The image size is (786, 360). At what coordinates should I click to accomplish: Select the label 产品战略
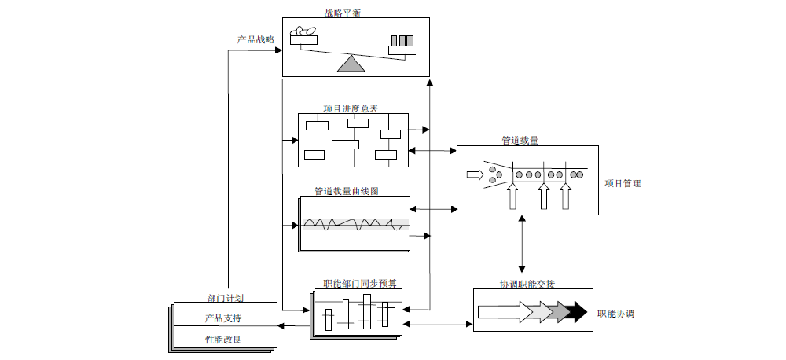255,39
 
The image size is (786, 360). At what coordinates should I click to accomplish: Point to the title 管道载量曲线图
347,191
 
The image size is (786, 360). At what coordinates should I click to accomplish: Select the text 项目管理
623,183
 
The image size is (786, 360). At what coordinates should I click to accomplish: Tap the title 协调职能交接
527,284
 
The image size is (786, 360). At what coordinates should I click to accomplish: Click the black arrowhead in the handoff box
579,312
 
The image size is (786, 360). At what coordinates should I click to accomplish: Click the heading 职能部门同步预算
354,283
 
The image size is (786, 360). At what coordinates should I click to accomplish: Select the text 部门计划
225,298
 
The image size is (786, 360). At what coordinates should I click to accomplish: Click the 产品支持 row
223,318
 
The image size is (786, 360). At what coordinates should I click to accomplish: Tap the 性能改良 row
223,340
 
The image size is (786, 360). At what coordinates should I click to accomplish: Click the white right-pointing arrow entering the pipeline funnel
475,174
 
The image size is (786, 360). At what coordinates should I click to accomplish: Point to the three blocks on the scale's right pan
402,41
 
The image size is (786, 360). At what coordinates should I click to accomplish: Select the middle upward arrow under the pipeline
542,196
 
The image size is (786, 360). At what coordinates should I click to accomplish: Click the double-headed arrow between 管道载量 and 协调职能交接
521,244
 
